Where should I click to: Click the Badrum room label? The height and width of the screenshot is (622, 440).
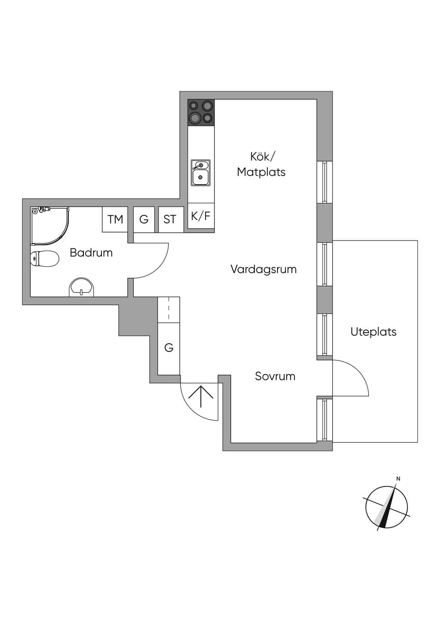pos(91,253)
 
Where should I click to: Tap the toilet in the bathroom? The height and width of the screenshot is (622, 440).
pos(45,259)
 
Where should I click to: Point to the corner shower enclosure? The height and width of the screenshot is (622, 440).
pos(50,226)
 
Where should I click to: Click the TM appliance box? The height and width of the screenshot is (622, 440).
pos(115,220)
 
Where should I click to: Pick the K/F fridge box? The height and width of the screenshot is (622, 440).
pos(201,216)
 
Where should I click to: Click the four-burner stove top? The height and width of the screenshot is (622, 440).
pos(201,112)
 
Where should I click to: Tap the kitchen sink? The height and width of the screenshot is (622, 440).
pos(200,173)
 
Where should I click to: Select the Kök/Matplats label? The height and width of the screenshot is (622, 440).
pos(261,165)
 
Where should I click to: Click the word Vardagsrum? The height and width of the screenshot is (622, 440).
pos(263,269)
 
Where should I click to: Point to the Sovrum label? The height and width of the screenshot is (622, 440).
pos(275,376)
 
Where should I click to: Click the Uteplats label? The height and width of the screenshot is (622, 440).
pos(373,332)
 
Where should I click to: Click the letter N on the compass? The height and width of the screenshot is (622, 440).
pos(398,479)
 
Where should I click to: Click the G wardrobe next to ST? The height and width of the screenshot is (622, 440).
pos(144,220)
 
